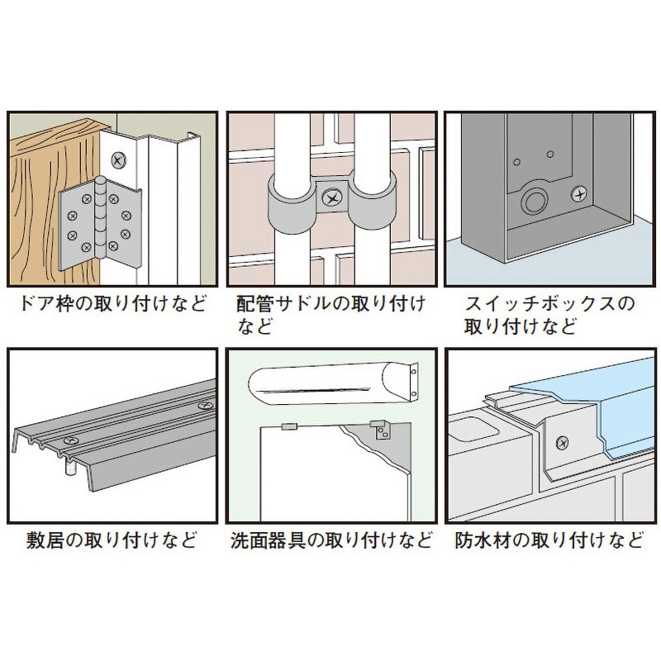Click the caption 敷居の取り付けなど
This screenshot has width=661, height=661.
tap(107, 543)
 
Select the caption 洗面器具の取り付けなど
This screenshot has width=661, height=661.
tap(330, 543)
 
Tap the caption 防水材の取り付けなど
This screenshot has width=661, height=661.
tap(549, 543)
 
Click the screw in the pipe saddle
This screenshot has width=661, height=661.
tap(332, 198)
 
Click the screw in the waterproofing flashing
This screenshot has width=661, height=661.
tap(563, 444)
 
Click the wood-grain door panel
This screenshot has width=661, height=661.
tap(41, 198)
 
